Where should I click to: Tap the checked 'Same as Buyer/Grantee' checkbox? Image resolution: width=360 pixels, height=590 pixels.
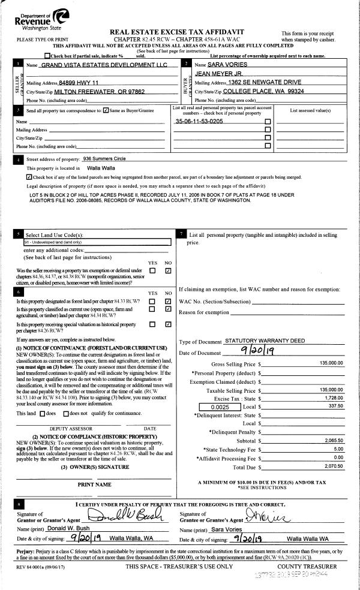(106, 111)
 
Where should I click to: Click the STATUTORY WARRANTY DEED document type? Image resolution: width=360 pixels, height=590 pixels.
(264, 341)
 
